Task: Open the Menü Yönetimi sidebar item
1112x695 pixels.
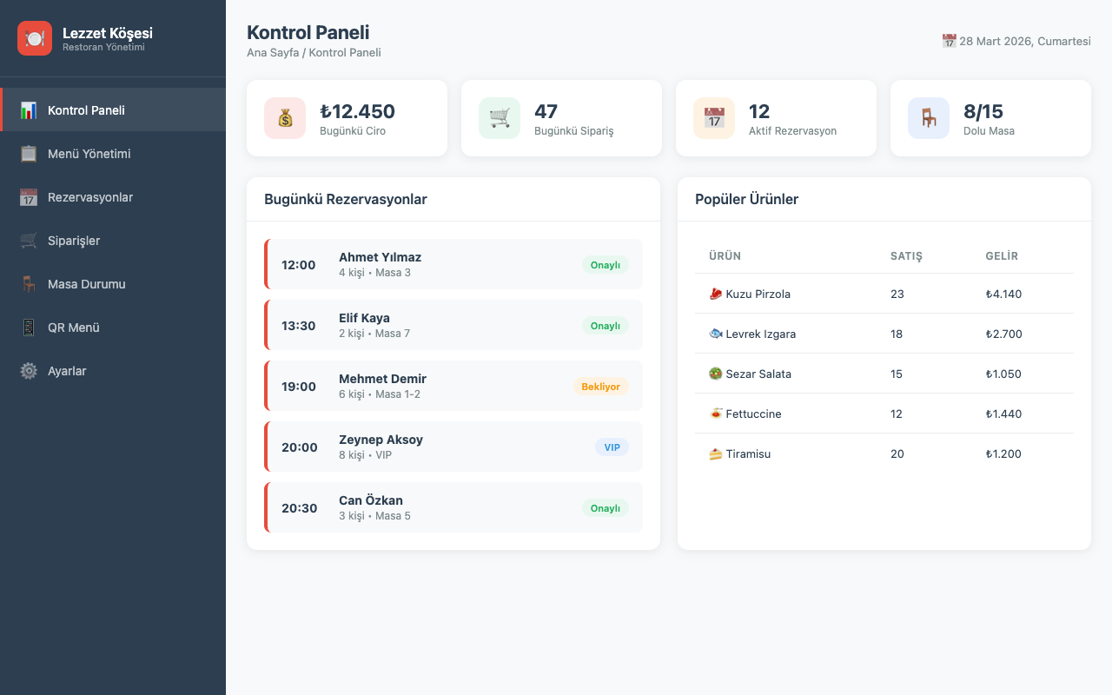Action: [89, 154]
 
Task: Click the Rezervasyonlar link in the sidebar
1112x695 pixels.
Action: [89, 197]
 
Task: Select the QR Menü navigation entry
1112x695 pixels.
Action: [74, 328]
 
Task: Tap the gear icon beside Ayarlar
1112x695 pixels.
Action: [29, 371]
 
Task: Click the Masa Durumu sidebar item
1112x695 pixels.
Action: [86, 284]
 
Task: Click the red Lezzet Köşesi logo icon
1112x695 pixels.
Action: [35, 38]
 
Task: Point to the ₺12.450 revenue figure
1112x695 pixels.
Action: [357, 111]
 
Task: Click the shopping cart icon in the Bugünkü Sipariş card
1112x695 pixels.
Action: [500, 118]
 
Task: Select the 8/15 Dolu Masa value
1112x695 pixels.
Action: [983, 111]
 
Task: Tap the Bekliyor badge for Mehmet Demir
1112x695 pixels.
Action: [600, 387]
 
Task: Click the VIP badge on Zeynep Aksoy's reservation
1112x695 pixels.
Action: [612, 447]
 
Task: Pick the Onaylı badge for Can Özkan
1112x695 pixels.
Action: [606, 508]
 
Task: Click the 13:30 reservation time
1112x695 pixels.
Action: [298, 326]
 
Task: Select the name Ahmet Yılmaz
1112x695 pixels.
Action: [381, 257]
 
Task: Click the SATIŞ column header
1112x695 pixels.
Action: [906, 255]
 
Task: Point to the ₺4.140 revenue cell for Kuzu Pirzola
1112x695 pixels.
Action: [1003, 294]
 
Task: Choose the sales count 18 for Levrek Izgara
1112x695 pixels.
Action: [896, 334]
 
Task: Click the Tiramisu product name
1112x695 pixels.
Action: [748, 453]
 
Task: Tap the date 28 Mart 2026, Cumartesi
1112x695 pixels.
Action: [1024, 41]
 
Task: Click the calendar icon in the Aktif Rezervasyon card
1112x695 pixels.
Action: [714, 118]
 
